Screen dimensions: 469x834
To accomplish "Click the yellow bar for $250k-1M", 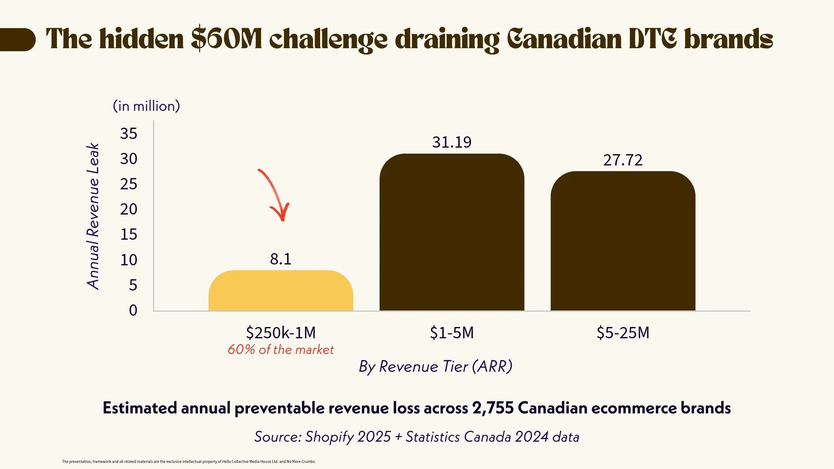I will point(281,291).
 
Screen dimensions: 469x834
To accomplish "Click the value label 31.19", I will point(452,142).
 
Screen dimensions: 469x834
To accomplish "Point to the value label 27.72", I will point(622,160).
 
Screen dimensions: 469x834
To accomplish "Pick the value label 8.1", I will point(281,259).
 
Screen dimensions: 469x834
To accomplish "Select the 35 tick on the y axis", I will point(129,133).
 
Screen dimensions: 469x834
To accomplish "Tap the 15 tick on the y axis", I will point(129,234).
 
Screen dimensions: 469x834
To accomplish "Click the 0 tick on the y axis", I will point(133,310).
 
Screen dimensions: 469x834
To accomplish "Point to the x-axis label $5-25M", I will point(623,333).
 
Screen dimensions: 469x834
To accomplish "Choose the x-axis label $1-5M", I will point(452,333).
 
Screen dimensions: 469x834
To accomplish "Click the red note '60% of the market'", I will point(281,350).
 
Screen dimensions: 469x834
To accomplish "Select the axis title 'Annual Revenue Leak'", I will point(93,216).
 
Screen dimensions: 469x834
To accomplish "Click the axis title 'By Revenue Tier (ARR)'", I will point(435,367).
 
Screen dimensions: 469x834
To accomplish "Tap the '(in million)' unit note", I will point(146,106).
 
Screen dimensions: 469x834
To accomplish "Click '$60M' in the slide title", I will point(226,39).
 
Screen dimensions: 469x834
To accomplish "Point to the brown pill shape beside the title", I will point(17,40).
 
